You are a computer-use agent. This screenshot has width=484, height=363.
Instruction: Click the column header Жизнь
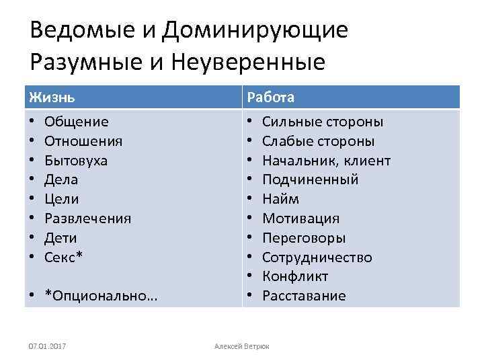[52, 97]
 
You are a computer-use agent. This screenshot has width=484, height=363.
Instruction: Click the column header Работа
[270, 97]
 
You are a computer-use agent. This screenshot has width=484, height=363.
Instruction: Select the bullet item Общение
[76, 122]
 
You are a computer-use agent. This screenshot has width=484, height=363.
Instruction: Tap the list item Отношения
[83, 141]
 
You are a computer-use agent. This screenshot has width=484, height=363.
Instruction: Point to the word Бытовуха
[75, 161]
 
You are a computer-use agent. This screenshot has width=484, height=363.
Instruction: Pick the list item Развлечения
[87, 218]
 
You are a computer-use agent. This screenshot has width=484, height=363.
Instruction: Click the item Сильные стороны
[323, 122]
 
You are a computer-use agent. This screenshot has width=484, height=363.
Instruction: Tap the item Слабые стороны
[318, 141]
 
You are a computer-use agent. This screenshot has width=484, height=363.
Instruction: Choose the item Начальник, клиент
[326, 161]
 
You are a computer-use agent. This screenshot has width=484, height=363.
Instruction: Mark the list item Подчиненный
[310, 179]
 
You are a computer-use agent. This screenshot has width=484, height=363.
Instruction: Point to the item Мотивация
[300, 218]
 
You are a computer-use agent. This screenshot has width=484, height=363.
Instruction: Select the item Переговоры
[304, 238]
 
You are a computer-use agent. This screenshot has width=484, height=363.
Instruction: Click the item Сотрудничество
[317, 257]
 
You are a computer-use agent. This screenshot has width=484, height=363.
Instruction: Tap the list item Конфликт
[295, 276]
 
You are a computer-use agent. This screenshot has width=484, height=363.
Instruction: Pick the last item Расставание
[304, 296]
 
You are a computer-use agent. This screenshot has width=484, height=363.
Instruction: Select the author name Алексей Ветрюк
[241, 346]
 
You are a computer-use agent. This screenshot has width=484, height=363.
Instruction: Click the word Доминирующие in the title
[255, 30]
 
